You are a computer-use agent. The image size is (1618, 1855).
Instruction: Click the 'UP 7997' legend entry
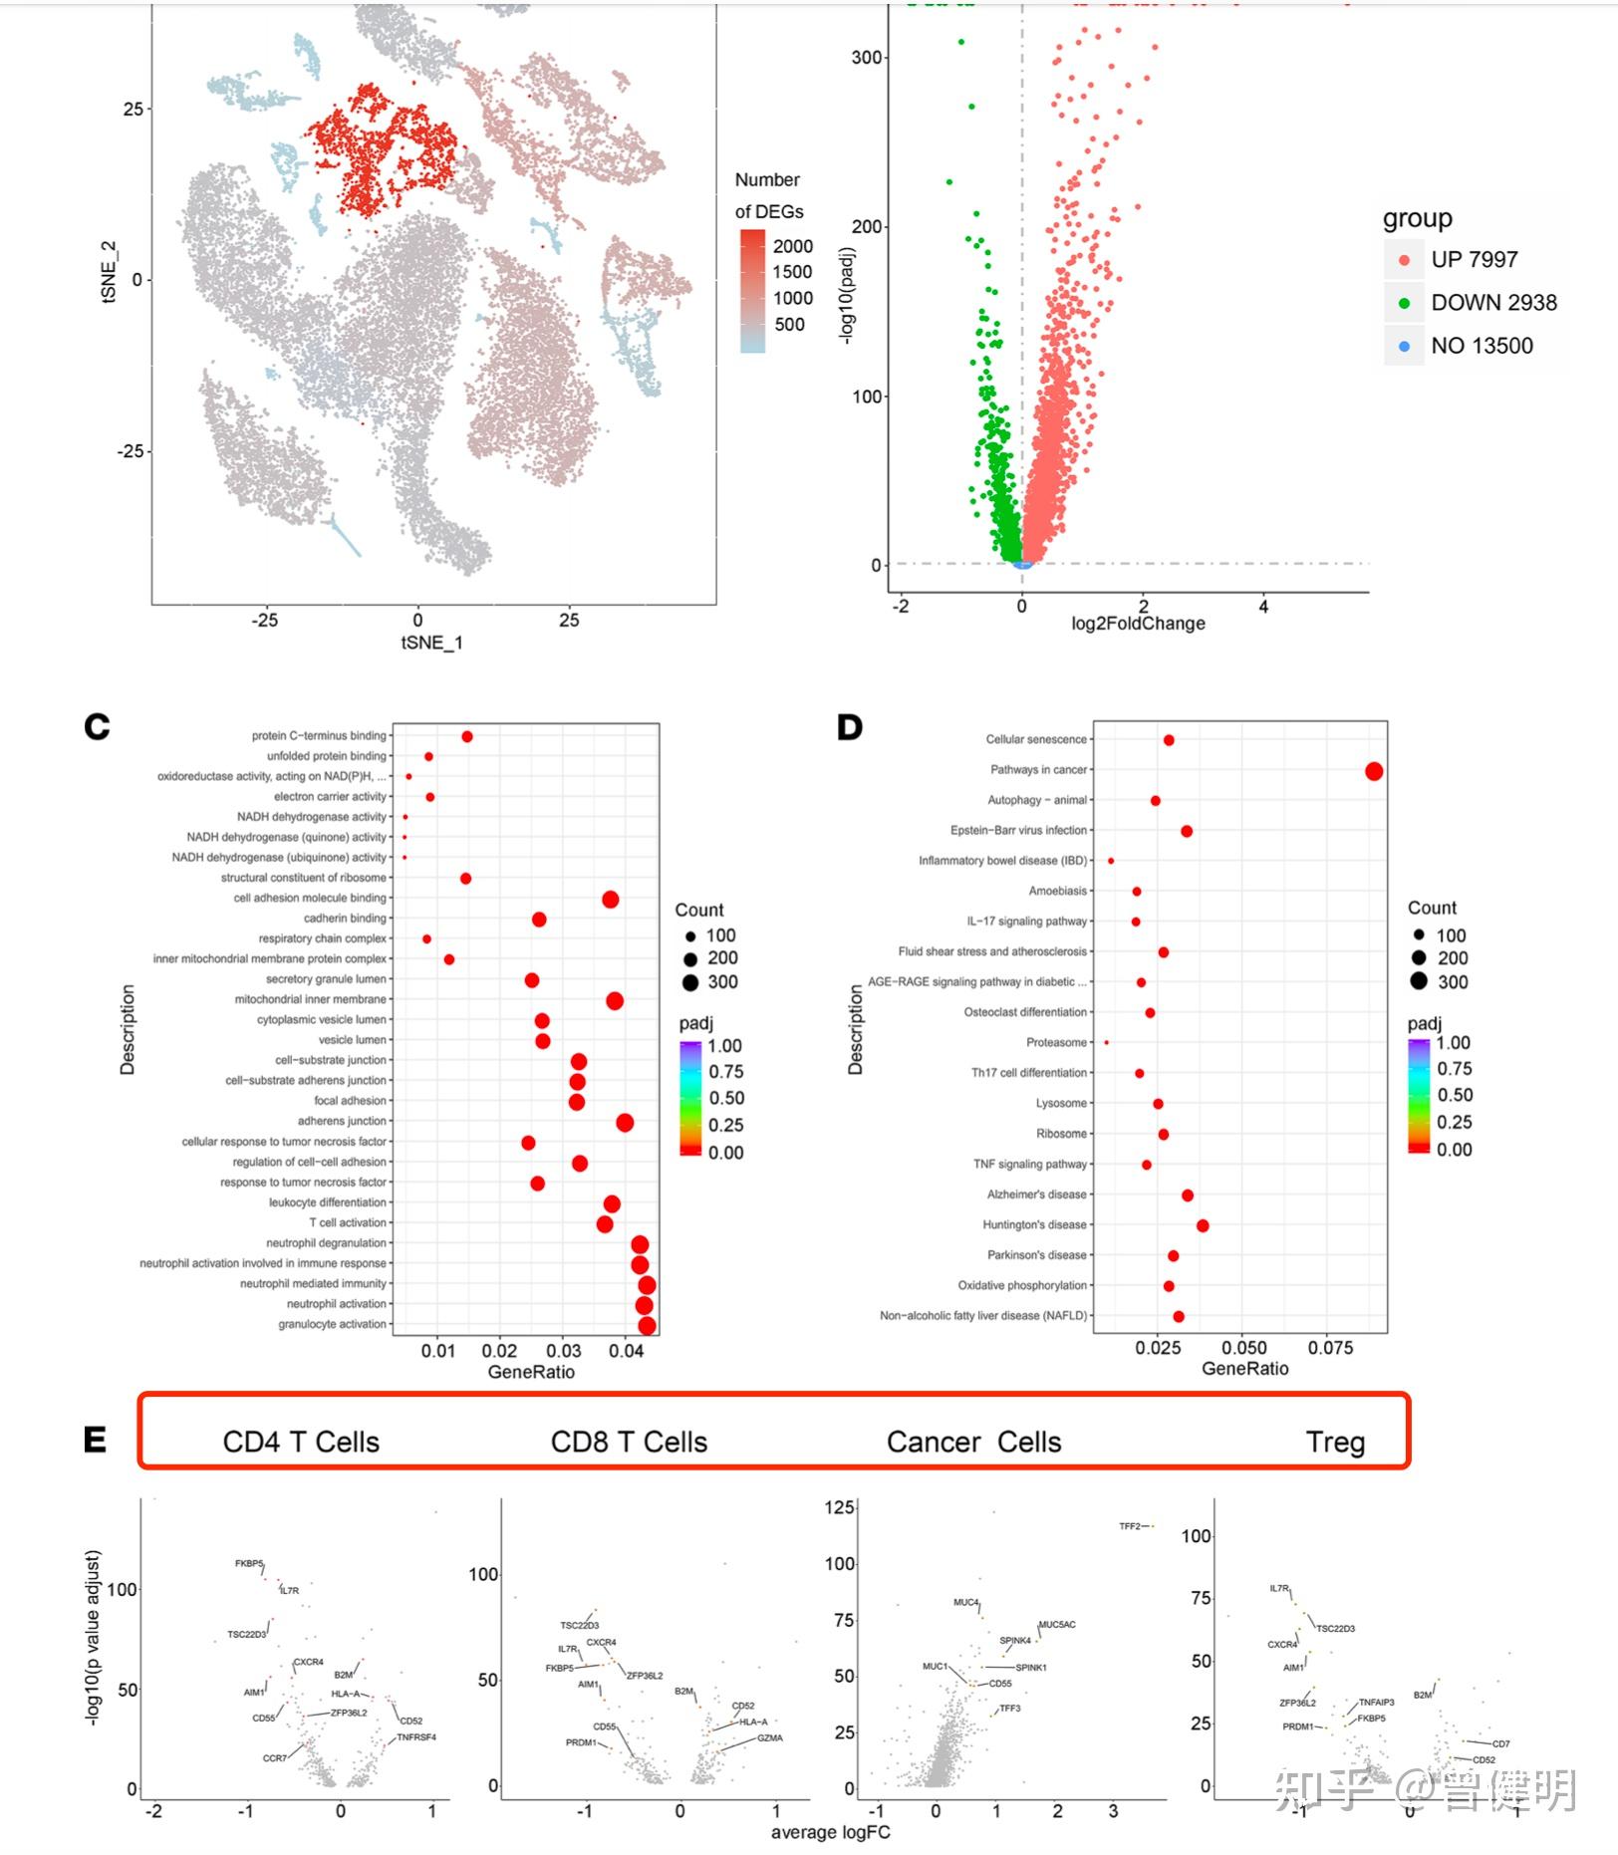[x=1473, y=259]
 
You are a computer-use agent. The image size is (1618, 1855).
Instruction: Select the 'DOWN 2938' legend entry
[x=1492, y=302]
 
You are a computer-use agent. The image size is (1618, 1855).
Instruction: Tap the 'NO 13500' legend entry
[x=1481, y=346]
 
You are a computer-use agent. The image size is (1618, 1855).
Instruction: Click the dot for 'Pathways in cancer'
[x=1374, y=771]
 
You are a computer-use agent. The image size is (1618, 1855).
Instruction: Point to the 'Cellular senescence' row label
[x=1036, y=739]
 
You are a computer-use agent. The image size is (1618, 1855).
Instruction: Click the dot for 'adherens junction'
[x=625, y=1123]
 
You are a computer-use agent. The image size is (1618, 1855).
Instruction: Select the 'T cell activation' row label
[x=348, y=1222]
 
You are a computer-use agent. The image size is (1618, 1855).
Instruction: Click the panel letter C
[x=97, y=727]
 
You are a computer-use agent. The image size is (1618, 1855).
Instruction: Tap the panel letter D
[x=849, y=728]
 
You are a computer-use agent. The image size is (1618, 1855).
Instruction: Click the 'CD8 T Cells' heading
[x=629, y=1442]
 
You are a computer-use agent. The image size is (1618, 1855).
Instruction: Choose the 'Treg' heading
[x=1335, y=1442]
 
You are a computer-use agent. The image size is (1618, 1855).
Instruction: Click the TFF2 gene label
[x=1129, y=1526]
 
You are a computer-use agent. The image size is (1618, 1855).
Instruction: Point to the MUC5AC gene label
[x=1057, y=1625]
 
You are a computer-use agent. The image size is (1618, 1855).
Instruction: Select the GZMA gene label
[x=769, y=1738]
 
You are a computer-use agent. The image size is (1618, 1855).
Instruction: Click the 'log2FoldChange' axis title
[x=1138, y=624]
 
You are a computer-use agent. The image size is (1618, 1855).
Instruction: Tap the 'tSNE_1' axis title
[x=431, y=643]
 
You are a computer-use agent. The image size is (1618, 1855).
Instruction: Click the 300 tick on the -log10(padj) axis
[x=867, y=58]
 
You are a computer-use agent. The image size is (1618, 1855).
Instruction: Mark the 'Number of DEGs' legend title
[x=768, y=195]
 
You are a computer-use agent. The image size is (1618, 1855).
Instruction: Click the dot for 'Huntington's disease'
[x=1203, y=1225]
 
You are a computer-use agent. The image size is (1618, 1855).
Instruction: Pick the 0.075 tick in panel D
[x=1330, y=1348]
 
